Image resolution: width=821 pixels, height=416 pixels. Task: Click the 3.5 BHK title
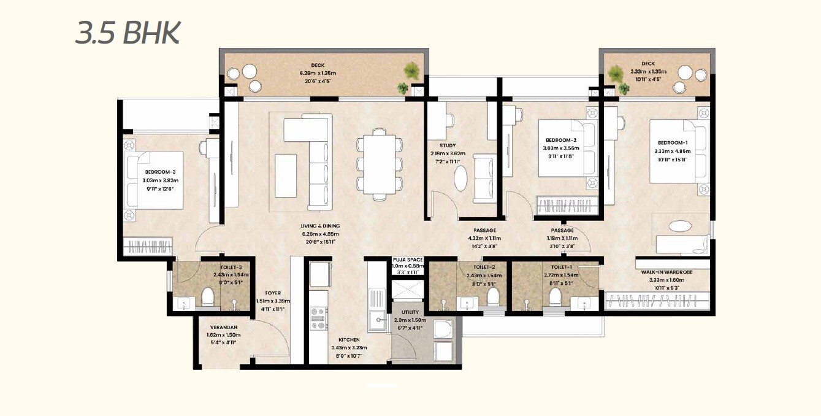[x=127, y=33]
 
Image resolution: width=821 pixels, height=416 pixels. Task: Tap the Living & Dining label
[x=320, y=226]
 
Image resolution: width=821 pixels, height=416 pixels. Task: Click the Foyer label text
[x=273, y=293]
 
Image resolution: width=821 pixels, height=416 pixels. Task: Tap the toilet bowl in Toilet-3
[x=207, y=298]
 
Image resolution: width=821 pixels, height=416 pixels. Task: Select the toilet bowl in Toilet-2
[x=492, y=298]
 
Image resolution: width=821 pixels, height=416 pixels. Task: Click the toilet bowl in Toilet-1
[x=556, y=298]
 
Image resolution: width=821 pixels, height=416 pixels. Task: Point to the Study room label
[x=446, y=145]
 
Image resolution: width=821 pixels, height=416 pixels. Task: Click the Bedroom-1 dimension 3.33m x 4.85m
[x=673, y=151]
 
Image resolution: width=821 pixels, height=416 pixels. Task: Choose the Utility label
[x=410, y=312]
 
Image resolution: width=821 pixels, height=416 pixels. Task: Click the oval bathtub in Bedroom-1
[x=679, y=226]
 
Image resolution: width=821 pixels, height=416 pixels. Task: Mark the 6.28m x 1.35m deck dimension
[x=318, y=73]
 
